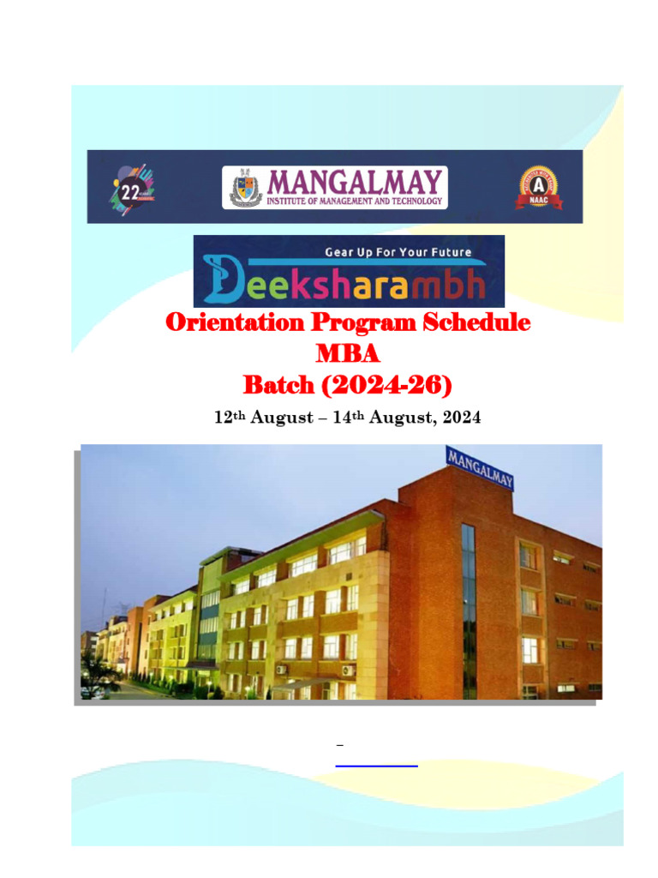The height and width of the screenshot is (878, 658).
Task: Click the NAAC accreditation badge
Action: [537, 187]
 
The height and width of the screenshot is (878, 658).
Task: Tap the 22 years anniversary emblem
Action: [131, 187]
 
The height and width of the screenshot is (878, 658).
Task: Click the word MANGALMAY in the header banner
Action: [356, 181]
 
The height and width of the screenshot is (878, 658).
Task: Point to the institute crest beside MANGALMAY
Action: [243, 188]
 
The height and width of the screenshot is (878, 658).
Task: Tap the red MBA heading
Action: [347, 354]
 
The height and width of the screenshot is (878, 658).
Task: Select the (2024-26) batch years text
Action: [386, 386]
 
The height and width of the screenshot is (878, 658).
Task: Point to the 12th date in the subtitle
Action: [225, 418]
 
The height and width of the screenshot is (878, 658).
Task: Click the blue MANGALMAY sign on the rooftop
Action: [480, 467]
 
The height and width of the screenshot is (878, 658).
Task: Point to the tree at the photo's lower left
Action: [101, 677]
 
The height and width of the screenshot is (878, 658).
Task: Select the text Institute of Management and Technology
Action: [356, 201]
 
